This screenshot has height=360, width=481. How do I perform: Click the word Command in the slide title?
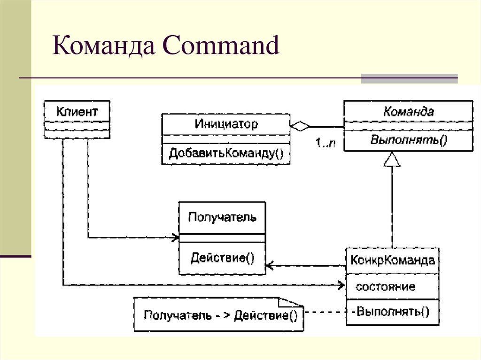[220, 47]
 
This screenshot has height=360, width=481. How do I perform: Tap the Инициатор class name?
[226, 124]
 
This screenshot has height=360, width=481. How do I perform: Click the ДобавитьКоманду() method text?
[226, 153]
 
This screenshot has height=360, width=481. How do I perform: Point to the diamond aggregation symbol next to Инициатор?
[300, 126]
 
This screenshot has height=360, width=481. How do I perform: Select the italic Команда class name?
[408, 112]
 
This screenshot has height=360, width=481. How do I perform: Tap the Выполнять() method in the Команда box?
[408, 140]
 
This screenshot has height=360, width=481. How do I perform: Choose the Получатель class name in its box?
[222, 217]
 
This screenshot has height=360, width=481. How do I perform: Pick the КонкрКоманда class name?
[393, 260]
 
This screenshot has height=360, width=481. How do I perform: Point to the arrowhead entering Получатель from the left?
[175, 238]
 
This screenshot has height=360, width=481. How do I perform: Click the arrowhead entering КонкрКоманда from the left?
[342, 284]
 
